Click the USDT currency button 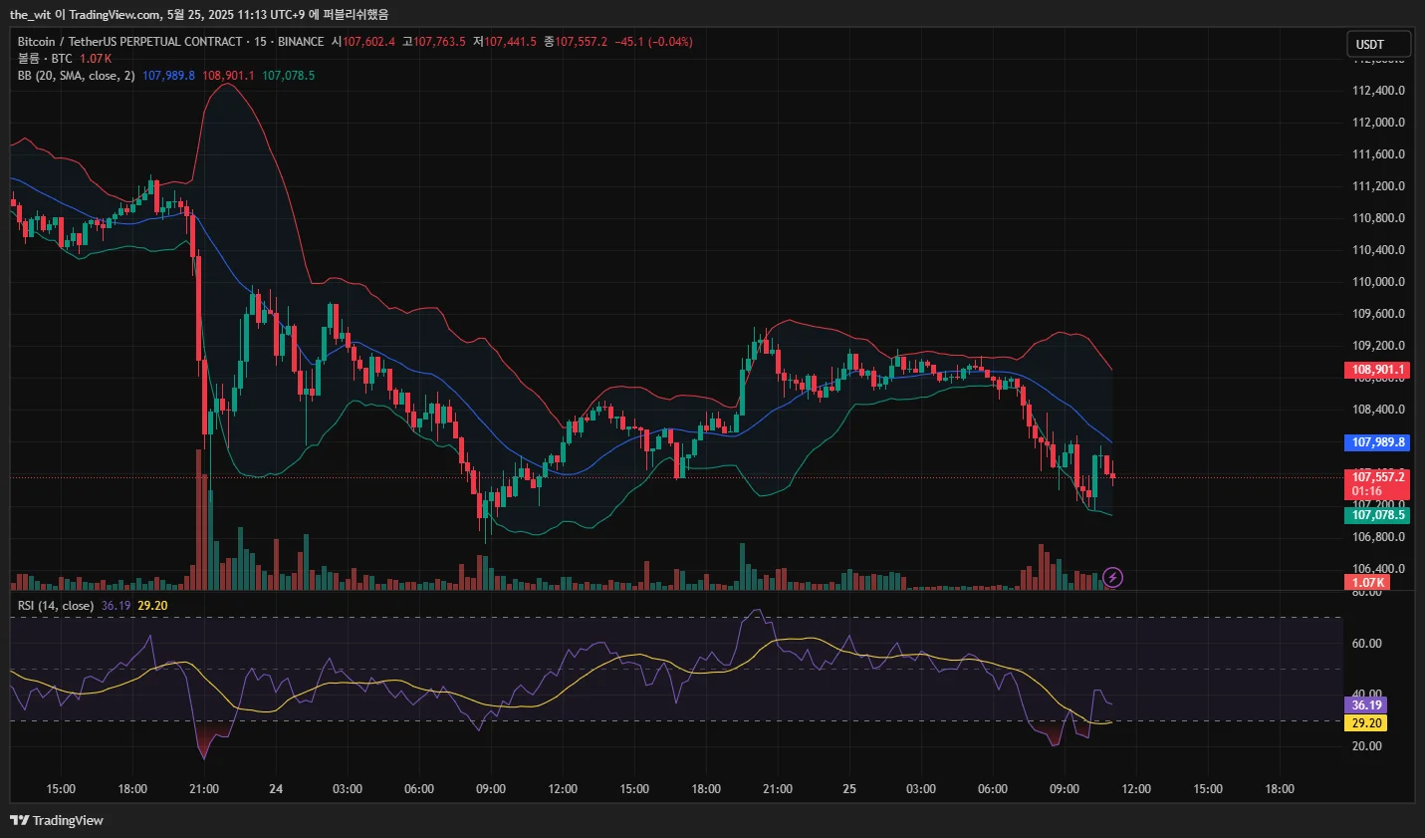1378,44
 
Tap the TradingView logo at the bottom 57,820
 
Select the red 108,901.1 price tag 1377,370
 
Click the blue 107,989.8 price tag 1377,442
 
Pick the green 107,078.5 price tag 1377,515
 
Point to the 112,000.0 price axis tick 1378,123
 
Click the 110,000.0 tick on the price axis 1378,282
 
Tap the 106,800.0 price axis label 1378,537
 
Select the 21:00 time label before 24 204,789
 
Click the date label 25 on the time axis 849,789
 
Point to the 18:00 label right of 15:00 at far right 1280,789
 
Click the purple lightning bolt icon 1113,578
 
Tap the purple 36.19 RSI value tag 1365,705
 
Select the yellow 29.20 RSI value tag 1365,723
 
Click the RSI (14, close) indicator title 56,606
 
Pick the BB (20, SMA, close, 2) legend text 76,76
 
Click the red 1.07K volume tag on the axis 1367,583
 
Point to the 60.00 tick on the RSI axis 1366,644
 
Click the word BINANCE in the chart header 301,42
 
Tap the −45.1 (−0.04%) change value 653,42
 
